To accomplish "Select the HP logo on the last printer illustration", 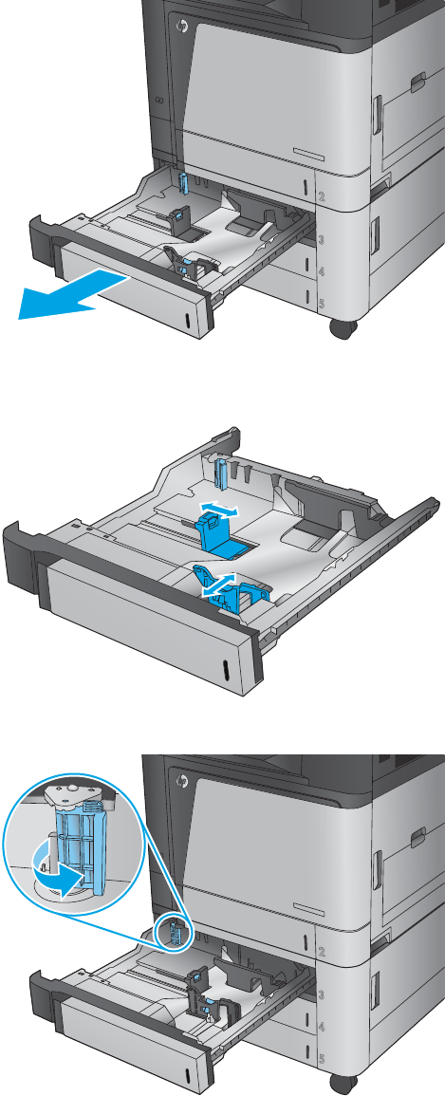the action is point(184,780).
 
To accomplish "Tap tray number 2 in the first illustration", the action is point(322,198).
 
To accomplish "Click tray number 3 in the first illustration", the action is point(322,240).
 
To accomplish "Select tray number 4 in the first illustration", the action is point(322,272).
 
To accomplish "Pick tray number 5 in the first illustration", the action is point(322,303).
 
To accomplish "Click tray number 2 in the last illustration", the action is point(322,952).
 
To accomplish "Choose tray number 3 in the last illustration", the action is point(322,993).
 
